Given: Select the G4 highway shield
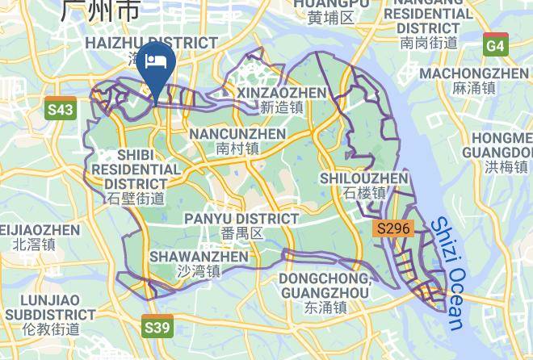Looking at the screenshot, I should point(496,46).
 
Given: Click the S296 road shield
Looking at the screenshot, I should point(394,229).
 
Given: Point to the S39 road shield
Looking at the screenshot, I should point(157,327).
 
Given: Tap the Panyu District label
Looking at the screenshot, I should point(241,219).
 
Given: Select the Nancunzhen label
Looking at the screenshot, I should point(237,133).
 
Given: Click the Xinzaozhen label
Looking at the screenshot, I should point(282,93).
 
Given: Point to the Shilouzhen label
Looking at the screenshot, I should point(363,178).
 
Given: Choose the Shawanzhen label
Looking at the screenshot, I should point(199,257).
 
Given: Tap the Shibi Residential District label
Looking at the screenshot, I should point(136,169).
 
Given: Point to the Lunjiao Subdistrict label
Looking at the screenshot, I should point(49,307).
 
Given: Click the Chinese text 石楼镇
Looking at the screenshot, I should point(364,193).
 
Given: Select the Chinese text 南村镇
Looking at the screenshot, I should point(237,149).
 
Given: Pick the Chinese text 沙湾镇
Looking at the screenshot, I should point(199,272).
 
